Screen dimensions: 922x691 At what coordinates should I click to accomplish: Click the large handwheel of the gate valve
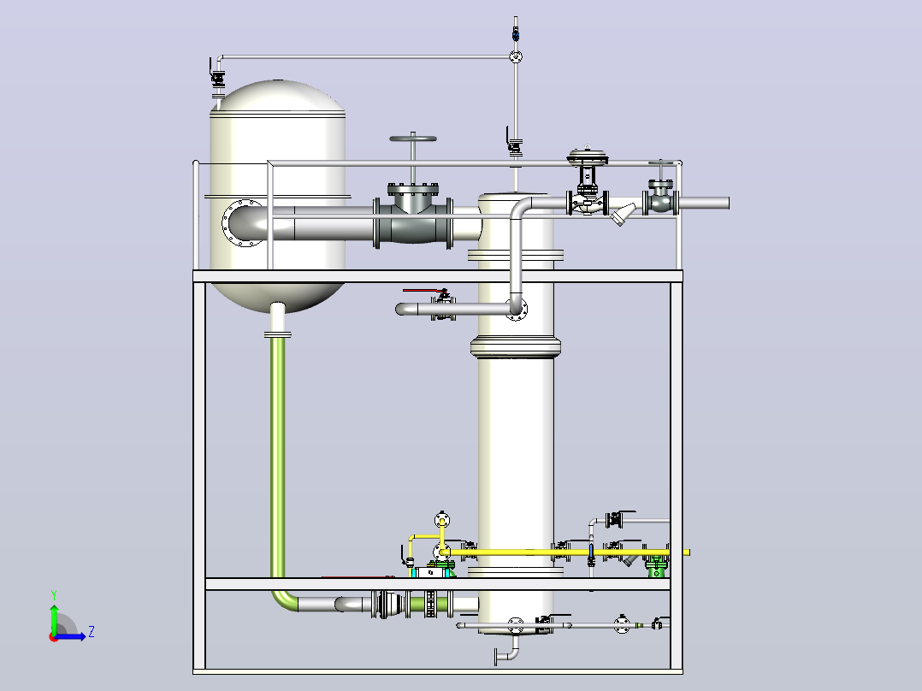tap(413, 139)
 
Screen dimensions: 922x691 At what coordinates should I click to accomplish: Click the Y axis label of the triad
tap(54, 595)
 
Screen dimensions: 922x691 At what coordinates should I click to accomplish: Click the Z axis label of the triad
tap(92, 632)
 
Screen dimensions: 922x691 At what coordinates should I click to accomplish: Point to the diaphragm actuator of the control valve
tap(588, 156)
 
